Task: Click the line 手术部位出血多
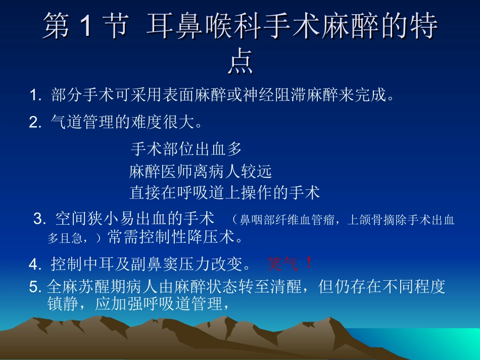(186, 149)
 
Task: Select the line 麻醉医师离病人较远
(201, 172)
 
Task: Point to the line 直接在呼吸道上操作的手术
(225, 192)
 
